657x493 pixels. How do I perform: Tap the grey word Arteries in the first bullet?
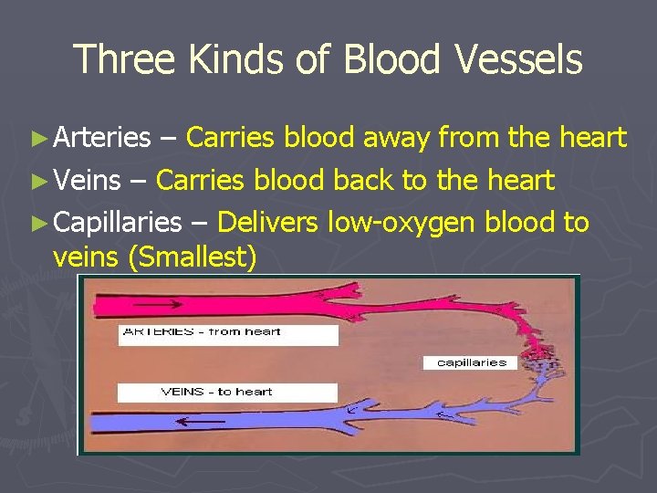(x=102, y=138)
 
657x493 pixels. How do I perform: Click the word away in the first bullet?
(x=397, y=138)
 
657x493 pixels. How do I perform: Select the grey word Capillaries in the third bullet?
(x=118, y=223)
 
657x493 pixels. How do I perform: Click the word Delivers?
(x=267, y=223)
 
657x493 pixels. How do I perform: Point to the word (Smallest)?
(x=192, y=258)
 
